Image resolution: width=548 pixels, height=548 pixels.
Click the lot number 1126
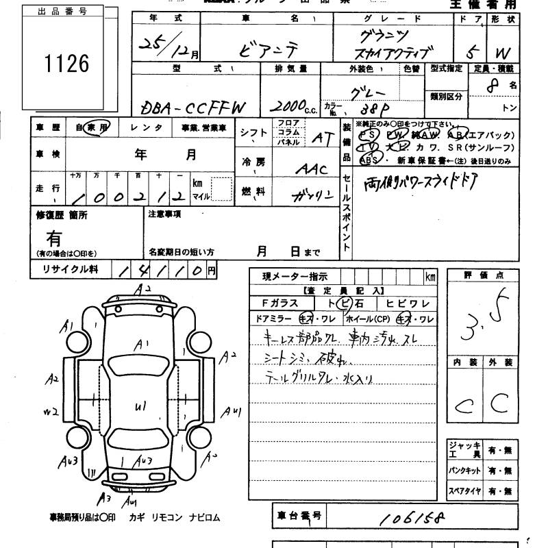67,64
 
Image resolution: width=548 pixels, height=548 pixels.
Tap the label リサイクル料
65,269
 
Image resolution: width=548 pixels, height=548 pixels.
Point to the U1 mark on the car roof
141,406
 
